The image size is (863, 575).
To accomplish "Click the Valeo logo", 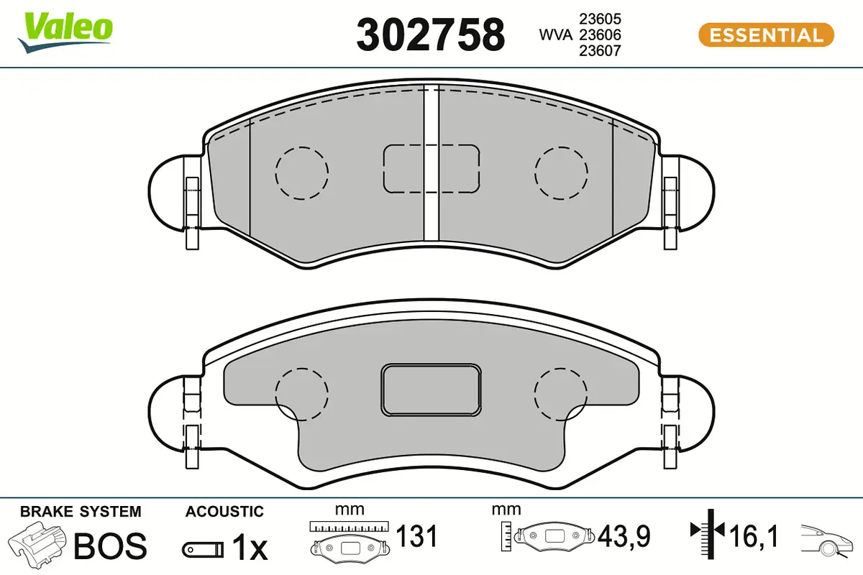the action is click(65, 33).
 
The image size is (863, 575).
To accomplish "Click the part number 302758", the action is click(430, 35).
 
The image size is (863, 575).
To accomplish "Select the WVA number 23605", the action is click(600, 19).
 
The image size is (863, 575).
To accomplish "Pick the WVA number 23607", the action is click(600, 51).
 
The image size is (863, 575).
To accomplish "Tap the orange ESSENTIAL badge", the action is click(766, 35).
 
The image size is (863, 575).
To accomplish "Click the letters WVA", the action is click(555, 35).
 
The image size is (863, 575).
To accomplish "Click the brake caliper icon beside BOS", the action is click(37, 542).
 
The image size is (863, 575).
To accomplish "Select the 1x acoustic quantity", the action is click(250, 547).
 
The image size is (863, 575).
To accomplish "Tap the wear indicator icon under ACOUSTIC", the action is click(203, 550).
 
